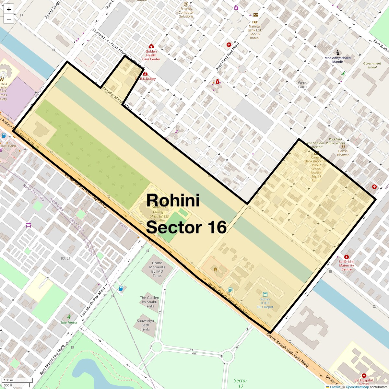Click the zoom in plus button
[9, 9]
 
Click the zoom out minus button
[9, 19]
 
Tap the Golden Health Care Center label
[151, 55]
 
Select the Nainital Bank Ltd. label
[254, 32]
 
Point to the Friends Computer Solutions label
[186, 13]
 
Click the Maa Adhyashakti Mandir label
[337, 60]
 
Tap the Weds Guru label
[302, 85]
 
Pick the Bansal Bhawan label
[343, 153]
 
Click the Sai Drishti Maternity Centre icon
[347, 257]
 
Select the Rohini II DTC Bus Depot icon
[265, 295]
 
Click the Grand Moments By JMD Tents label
[157, 269]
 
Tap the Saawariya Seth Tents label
[145, 325]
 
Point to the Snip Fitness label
[69, 323]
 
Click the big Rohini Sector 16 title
[186, 214]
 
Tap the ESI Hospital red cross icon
[364, 376]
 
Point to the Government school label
[372, 65]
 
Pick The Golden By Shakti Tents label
[149, 302]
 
